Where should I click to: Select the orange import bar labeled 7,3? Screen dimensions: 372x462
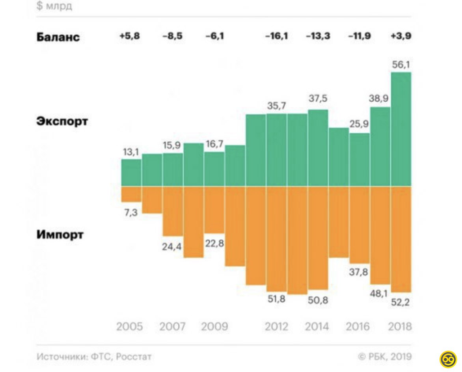point(131,194)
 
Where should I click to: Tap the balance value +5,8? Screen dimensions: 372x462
point(130,36)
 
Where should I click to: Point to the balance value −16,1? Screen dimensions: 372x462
point(276,36)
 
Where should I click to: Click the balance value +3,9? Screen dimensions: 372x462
point(401,36)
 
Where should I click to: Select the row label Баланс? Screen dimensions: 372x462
point(58,37)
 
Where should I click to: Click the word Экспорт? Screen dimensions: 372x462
point(62,121)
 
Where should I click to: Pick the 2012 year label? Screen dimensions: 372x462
point(276,327)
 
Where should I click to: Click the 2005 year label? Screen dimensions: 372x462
point(130,327)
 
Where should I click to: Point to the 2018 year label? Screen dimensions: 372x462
point(400,327)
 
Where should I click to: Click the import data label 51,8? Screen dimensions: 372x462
point(277,299)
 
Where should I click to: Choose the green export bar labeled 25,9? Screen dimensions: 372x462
point(360,160)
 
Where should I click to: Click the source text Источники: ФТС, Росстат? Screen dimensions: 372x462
point(94,357)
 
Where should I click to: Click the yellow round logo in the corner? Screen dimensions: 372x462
point(448,359)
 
